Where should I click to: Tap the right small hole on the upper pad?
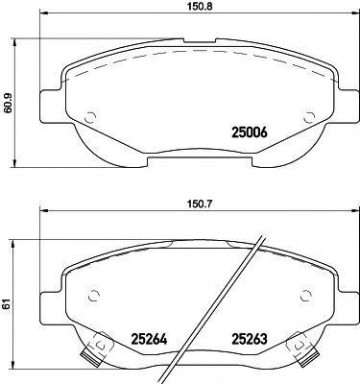[x=309, y=118]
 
